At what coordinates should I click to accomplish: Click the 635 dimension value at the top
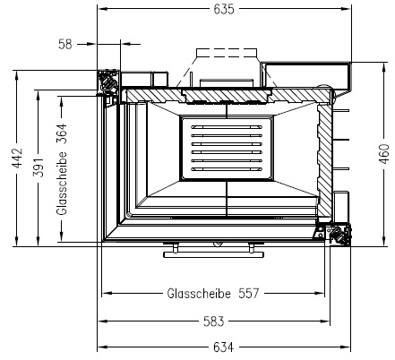point(224,9)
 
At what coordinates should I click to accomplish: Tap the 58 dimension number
point(65,44)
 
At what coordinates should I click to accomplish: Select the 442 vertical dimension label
point(18,158)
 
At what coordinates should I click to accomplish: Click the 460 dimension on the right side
point(385,154)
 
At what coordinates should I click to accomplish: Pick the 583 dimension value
point(214,321)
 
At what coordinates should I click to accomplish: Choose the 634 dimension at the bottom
point(224,347)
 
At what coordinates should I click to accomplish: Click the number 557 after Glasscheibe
point(249,294)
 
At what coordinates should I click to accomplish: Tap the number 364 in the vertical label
point(62,133)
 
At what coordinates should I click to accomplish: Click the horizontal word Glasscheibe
point(199,294)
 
